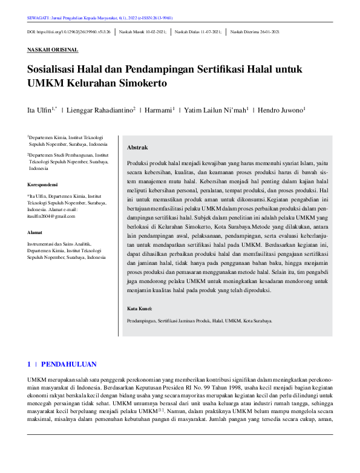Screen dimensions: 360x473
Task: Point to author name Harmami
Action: point(158,110)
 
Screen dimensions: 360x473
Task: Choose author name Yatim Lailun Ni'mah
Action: point(215,110)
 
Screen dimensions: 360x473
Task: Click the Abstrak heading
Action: point(137,148)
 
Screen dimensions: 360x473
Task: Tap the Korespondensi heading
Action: point(44,184)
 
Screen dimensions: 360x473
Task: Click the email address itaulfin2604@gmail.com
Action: point(54,216)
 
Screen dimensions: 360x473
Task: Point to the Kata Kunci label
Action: point(140,309)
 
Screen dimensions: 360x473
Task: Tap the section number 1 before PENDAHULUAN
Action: point(28,364)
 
